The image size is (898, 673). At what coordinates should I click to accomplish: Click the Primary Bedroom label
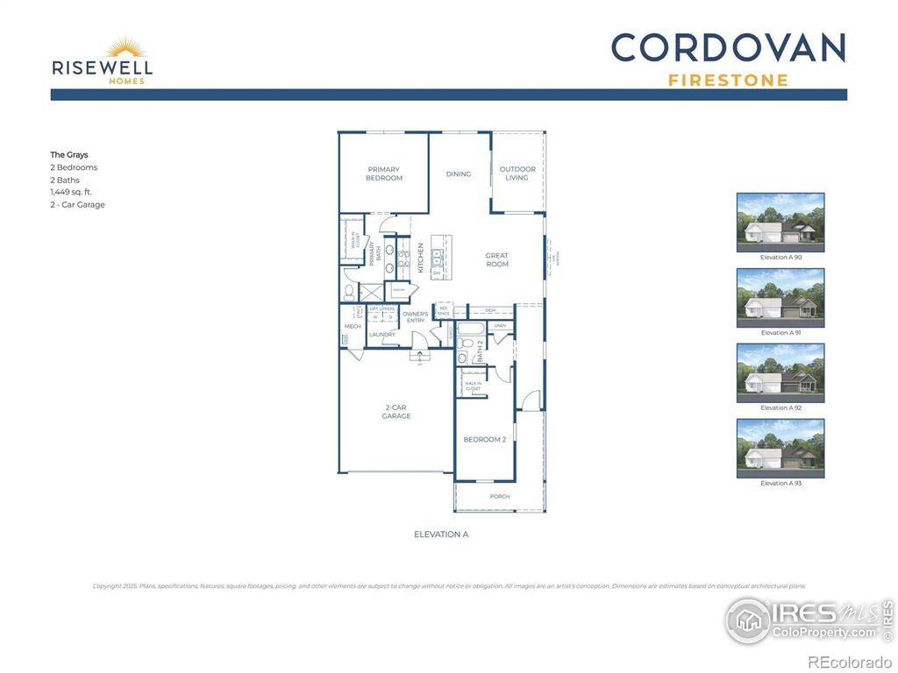click(384, 174)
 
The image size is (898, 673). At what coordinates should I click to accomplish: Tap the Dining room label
click(459, 174)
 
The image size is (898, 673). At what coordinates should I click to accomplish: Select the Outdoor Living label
click(517, 174)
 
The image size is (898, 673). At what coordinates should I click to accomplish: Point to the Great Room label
click(497, 259)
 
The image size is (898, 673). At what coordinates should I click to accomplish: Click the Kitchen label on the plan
click(421, 258)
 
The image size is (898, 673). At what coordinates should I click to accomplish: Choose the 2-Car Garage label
click(396, 412)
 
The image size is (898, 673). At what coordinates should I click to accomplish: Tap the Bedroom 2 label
click(485, 439)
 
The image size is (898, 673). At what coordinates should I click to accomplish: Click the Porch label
click(500, 497)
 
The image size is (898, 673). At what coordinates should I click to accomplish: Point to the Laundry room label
click(382, 334)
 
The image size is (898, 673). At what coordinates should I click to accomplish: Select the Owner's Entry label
click(416, 317)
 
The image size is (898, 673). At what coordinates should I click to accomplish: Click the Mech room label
click(353, 327)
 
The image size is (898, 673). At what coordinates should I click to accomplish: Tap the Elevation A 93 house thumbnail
click(780, 448)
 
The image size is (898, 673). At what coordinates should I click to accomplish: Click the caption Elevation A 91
click(780, 333)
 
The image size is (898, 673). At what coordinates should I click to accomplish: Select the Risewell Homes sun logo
click(125, 48)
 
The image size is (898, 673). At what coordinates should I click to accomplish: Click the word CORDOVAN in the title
click(728, 48)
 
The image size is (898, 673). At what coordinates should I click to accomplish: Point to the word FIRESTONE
click(728, 81)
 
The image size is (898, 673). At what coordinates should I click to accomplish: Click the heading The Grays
click(69, 154)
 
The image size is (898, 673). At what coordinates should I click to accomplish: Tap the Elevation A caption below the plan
click(441, 534)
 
